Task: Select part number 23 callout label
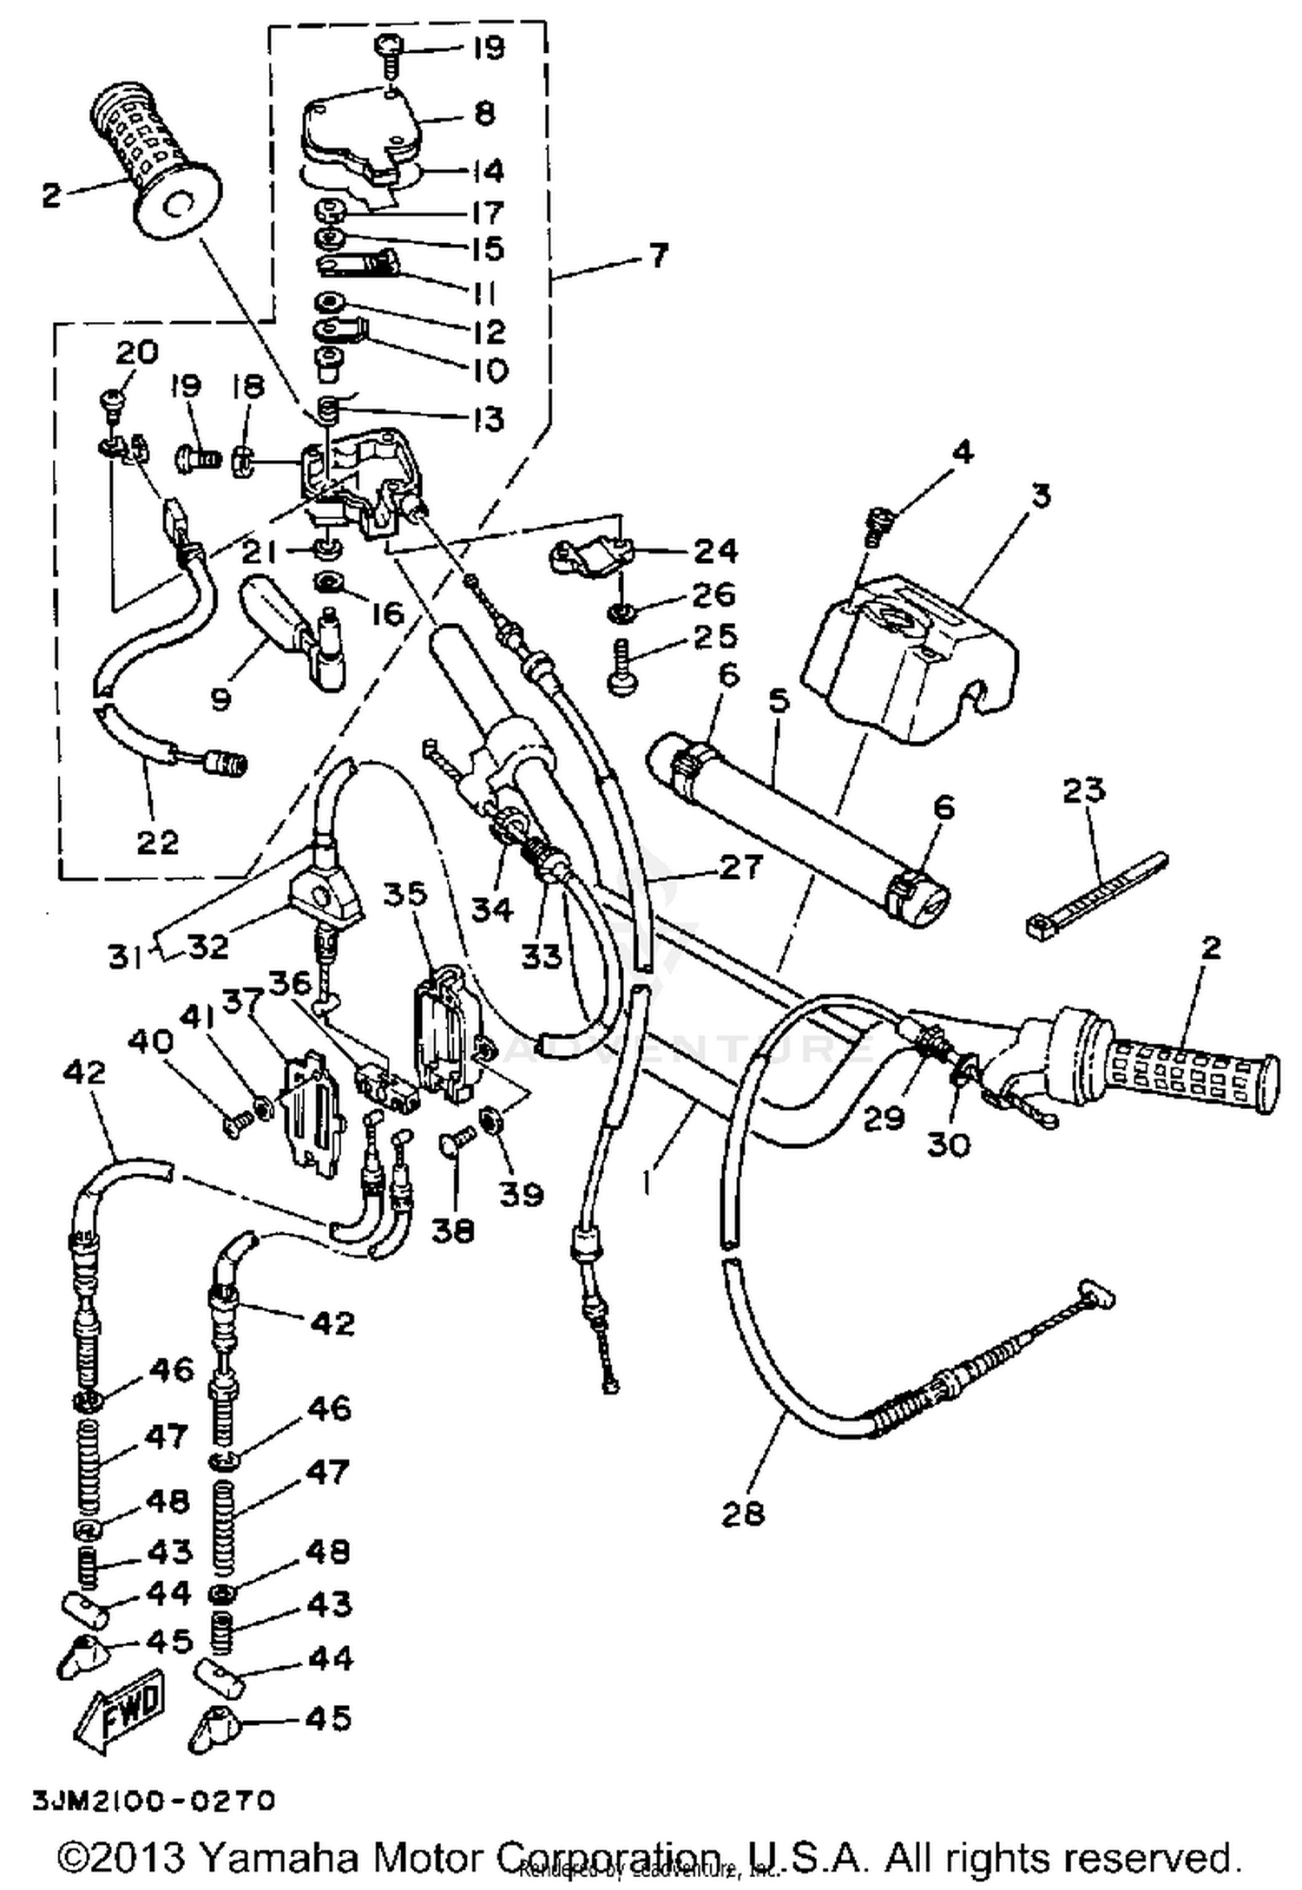pos(1083,791)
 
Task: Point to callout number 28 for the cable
pos(744,1513)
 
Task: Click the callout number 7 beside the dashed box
pos(659,256)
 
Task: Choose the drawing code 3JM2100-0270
pos(154,1801)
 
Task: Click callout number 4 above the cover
pos(962,452)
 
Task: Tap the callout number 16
pos(388,614)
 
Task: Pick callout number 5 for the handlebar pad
pos(779,701)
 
